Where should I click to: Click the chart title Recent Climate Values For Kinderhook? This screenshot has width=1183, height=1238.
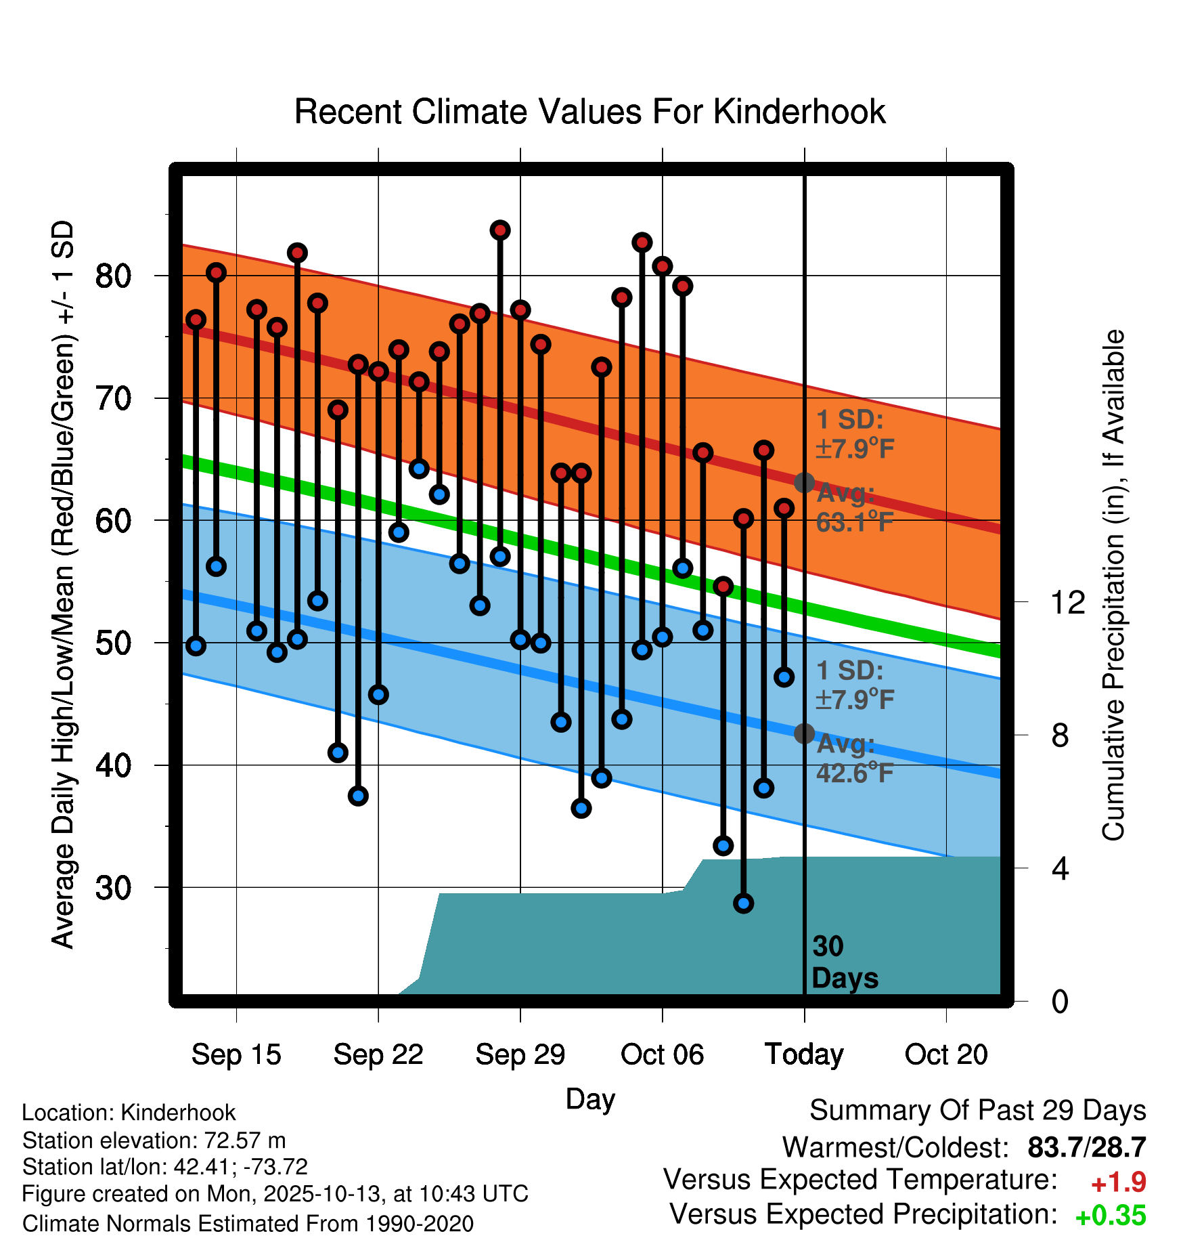(589, 112)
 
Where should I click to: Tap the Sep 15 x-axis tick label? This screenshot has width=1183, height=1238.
(236, 1054)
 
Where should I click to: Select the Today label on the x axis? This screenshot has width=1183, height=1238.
(804, 1054)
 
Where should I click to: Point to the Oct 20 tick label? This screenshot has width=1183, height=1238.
(946, 1054)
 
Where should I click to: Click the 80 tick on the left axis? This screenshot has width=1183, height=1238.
(113, 276)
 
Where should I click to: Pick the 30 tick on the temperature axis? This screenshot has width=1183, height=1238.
(113, 888)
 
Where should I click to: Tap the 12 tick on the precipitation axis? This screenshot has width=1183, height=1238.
(1067, 602)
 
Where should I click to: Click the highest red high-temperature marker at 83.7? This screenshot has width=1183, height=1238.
(500, 230)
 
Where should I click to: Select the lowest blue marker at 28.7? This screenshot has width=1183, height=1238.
(743, 903)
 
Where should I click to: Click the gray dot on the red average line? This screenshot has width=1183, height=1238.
(804, 483)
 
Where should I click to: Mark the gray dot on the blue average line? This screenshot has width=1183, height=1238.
(804, 733)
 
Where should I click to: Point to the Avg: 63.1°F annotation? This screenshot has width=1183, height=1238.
(855, 508)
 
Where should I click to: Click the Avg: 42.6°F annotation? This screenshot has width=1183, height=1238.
(855, 759)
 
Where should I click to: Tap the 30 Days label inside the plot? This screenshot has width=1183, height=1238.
(844, 962)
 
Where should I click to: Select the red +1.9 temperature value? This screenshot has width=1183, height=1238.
(1118, 1183)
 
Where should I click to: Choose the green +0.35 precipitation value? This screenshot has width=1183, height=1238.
(1110, 1216)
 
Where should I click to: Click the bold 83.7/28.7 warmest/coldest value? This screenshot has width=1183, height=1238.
(1086, 1148)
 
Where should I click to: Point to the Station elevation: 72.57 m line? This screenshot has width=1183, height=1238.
(154, 1140)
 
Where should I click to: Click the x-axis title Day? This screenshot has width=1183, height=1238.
(590, 1099)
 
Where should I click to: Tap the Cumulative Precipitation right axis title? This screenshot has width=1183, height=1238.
(1113, 585)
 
